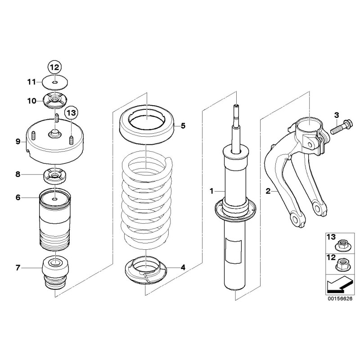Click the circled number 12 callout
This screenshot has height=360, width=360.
54,67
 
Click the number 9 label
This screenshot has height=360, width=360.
18,141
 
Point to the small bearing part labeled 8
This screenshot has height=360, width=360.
54,176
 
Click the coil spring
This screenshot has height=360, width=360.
147,198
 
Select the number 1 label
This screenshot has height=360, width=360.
211,191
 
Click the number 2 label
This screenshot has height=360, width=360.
268,191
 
